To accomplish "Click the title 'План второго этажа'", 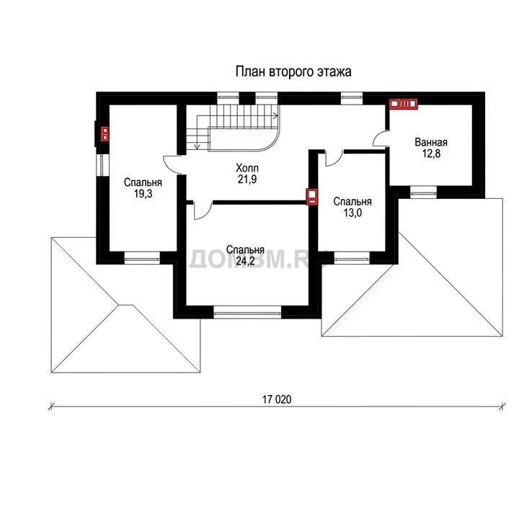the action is tap(293, 72).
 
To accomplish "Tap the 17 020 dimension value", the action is tap(277, 399).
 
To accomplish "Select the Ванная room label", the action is tap(431, 142).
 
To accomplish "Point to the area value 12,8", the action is tap(431, 154).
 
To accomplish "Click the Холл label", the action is tap(247, 168).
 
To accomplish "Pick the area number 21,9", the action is tap(247, 179).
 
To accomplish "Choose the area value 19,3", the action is tap(143, 194).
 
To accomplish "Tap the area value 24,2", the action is tap(245, 261).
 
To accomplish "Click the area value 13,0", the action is tap(352, 213).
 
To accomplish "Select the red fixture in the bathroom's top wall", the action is tap(403, 104).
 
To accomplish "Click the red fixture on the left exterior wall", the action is tap(105, 134).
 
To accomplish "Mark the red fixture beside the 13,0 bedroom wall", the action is tap(311, 197).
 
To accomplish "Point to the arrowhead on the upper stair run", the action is tap(275, 116).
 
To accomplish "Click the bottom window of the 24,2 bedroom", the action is tap(247, 312).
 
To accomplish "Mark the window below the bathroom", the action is tap(423, 192).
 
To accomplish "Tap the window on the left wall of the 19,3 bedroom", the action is tap(102, 165).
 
